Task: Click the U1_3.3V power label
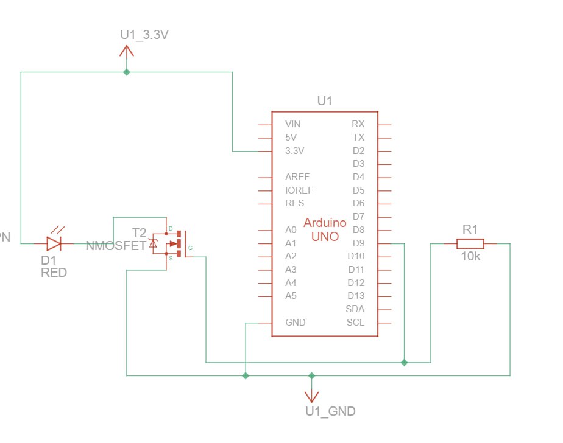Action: point(144,35)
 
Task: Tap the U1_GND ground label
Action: point(330,411)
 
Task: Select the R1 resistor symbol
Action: point(470,243)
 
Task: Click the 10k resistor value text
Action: point(470,257)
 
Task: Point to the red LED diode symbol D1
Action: point(54,243)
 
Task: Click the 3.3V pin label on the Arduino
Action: point(296,150)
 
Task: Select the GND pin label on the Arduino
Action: point(296,323)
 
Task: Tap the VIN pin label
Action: point(293,124)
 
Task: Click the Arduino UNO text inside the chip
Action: point(325,230)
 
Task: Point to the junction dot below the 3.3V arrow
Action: point(127,72)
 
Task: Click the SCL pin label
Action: point(355,323)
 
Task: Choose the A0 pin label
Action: point(291,230)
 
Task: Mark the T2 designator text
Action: point(139,232)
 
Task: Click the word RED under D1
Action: point(54,273)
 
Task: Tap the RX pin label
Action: point(358,124)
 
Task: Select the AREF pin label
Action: point(297,177)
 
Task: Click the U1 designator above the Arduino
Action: point(325,100)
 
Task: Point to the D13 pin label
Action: point(356,296)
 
